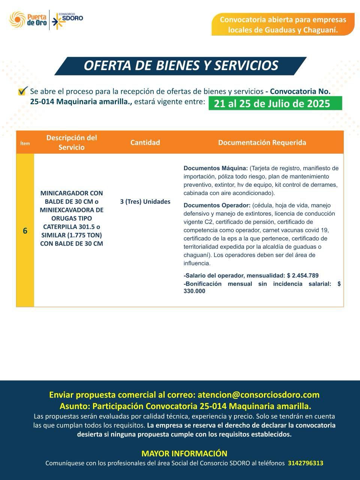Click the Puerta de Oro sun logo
coord(17,19)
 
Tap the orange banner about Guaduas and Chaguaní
coord(283,25)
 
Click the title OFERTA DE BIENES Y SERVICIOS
coord(181,66)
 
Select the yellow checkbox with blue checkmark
coord(22,91)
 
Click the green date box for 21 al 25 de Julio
coord(275,103)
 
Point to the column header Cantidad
coord(145,142)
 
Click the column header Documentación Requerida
coord(262,142)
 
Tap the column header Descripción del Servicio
coord(72,142)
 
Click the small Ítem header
coord(25,143)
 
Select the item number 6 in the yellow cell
coord(25,231)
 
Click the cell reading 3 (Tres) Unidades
coord(145,202)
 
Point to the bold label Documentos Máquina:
coord(216,168)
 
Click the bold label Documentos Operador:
coord(217,205)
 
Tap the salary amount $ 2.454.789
coord(303,276)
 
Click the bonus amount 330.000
coord(194,291)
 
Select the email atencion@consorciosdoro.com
coord(258,394)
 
